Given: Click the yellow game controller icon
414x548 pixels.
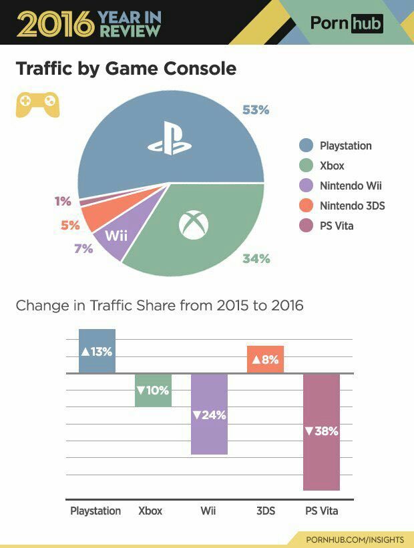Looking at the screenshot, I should click(x=37, y=104).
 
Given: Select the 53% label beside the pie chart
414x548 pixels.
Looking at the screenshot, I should click(x=255, y=110).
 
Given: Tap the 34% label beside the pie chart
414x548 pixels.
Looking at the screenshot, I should click(x=256, y=258).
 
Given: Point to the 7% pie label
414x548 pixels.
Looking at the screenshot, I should click(x=83, y=249).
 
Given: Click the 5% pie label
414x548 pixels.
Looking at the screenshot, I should click(x=70, y=226).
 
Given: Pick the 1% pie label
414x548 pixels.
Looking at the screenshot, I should click(x=63, y=201).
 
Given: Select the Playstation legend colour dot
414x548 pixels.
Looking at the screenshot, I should click(x=306, y=146).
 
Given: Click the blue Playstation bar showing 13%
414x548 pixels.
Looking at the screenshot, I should click(x=97, y=351).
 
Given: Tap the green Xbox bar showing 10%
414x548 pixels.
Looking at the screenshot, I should click(x=153, y=390).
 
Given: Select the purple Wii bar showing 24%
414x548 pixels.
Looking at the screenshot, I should click(x=209, y=414).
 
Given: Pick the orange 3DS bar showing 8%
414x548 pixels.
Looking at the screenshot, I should click(x=265, y=359).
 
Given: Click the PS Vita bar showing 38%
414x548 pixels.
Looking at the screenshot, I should click(x=321, y=431).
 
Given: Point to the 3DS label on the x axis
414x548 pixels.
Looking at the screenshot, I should click(x=266, y=511).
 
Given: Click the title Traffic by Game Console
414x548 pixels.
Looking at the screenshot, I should click(x=126, y=69).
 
